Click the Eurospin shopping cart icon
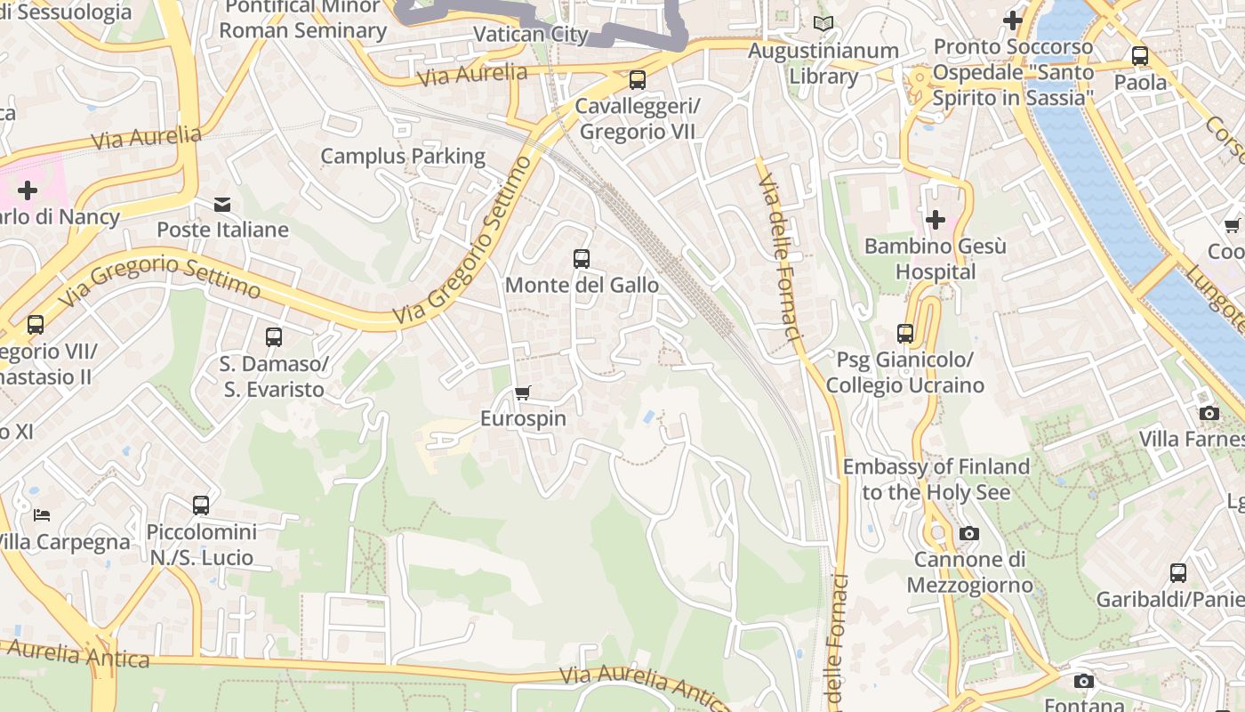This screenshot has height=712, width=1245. tap(523, 392)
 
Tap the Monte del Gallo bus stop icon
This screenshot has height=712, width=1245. tap(582, 259)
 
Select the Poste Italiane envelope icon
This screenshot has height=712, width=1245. tap(222, 205)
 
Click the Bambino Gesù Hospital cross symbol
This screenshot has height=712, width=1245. tap(935, 219)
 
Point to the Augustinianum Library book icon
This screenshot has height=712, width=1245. tap(823, 24)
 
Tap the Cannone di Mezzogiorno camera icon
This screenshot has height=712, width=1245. tap(969, 534)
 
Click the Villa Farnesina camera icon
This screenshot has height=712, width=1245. tap(1209, 413)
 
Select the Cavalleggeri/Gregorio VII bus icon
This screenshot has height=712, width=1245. tap(638, 80)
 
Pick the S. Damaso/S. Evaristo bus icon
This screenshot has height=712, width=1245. tap(274, 337)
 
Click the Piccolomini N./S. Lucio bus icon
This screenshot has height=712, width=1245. tap(201, 506)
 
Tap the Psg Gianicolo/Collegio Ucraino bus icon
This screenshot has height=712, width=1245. tap(905, 334)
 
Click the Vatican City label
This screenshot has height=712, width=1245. tap(531, 35)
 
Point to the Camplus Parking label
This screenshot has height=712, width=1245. tap(403, 157)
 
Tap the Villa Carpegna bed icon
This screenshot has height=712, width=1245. tap(42, 514)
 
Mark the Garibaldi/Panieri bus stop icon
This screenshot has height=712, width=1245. tap(1178, 573)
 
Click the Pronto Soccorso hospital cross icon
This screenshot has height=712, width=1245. tap(1012, 20)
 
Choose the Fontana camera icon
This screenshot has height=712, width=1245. tap(1083, 682)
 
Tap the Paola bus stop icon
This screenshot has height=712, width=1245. tap(1140, 56)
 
